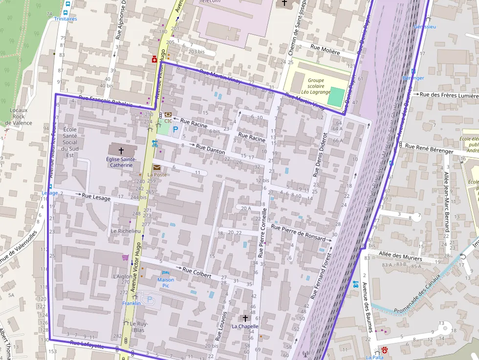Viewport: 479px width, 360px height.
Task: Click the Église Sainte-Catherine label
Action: coord(121,162)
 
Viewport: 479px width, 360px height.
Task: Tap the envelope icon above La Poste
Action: coord(156,168)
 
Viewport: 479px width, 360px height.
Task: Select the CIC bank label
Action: coord(168,121)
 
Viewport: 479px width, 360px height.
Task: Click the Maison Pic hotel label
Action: coord(166,282)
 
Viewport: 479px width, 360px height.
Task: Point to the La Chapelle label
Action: coord(245,326)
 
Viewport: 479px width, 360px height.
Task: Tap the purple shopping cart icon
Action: coord(126,257)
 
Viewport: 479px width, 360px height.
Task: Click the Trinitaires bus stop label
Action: coord(65,19)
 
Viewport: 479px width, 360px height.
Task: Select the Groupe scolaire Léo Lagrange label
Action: coord(316,86)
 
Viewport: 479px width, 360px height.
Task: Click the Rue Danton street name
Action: coord(210,149)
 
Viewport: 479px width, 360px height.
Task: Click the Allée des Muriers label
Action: coord(400,254)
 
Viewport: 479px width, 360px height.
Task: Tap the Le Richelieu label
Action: coord(126,231)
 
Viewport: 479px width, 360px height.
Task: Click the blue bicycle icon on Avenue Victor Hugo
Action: coord(154,144)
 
